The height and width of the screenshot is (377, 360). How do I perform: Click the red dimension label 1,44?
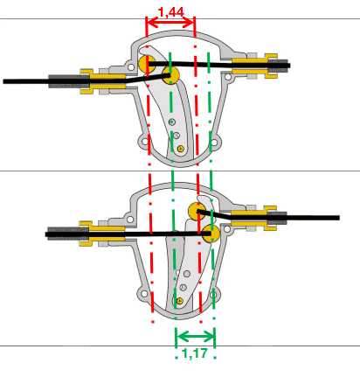point(170,12)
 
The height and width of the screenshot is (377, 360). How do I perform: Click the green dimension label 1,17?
point(194,353)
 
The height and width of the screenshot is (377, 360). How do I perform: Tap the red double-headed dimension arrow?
point(170,23)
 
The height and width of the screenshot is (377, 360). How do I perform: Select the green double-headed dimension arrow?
point(195,337)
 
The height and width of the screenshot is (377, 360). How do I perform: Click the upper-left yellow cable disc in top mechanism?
point(147,63)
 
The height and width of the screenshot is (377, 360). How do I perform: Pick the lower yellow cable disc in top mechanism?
point(170,74)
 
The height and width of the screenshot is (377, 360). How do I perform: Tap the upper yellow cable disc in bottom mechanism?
point(197,211)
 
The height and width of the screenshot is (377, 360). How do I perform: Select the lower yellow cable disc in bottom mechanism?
point(211,234)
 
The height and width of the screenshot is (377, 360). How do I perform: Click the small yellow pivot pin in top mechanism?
point(181,149)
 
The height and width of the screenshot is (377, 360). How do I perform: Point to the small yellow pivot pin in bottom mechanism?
point(180,301)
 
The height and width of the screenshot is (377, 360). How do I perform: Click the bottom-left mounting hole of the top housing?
point(144,142)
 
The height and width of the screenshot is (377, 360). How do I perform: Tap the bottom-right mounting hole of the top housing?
point(214,143)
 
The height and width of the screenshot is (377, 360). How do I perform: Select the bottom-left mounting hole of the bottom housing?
point(143,294)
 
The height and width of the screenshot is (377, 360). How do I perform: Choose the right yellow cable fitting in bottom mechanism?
point(253,218)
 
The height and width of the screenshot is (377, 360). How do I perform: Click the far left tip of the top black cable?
point(3,81)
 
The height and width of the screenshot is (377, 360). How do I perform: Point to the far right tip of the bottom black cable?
point(339,218)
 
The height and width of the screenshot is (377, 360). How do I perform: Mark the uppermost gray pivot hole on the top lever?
point(172,122)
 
